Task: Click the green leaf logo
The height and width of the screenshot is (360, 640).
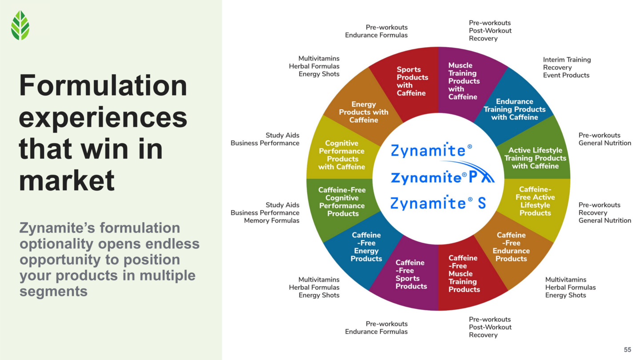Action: [20, 25]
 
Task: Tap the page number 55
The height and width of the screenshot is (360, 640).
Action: [627, 350]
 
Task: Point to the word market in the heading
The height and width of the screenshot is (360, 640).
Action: [67, 181]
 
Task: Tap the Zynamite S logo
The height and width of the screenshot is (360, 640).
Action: [438, 204]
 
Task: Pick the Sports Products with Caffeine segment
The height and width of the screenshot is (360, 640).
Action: [412, 81]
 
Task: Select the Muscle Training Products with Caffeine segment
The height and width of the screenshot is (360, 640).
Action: [464, 81]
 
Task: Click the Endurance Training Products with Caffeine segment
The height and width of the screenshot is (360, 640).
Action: [514, 109]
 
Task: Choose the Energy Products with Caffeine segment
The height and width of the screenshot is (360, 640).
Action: [364, 112]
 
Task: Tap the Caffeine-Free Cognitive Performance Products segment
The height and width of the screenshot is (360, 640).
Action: [342, 202]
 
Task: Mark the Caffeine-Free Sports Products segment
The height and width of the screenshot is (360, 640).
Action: [411, 275]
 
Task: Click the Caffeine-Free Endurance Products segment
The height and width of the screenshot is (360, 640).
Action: [511, 247]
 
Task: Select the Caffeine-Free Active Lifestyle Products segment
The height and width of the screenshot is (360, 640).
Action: [535, 201]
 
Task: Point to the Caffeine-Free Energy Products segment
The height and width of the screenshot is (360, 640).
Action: [366, 247]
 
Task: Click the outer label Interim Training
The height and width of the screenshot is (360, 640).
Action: [567, 60]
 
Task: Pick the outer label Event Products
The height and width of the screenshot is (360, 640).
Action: [566, 75]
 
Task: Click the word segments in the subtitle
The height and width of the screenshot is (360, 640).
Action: [53, 292]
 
